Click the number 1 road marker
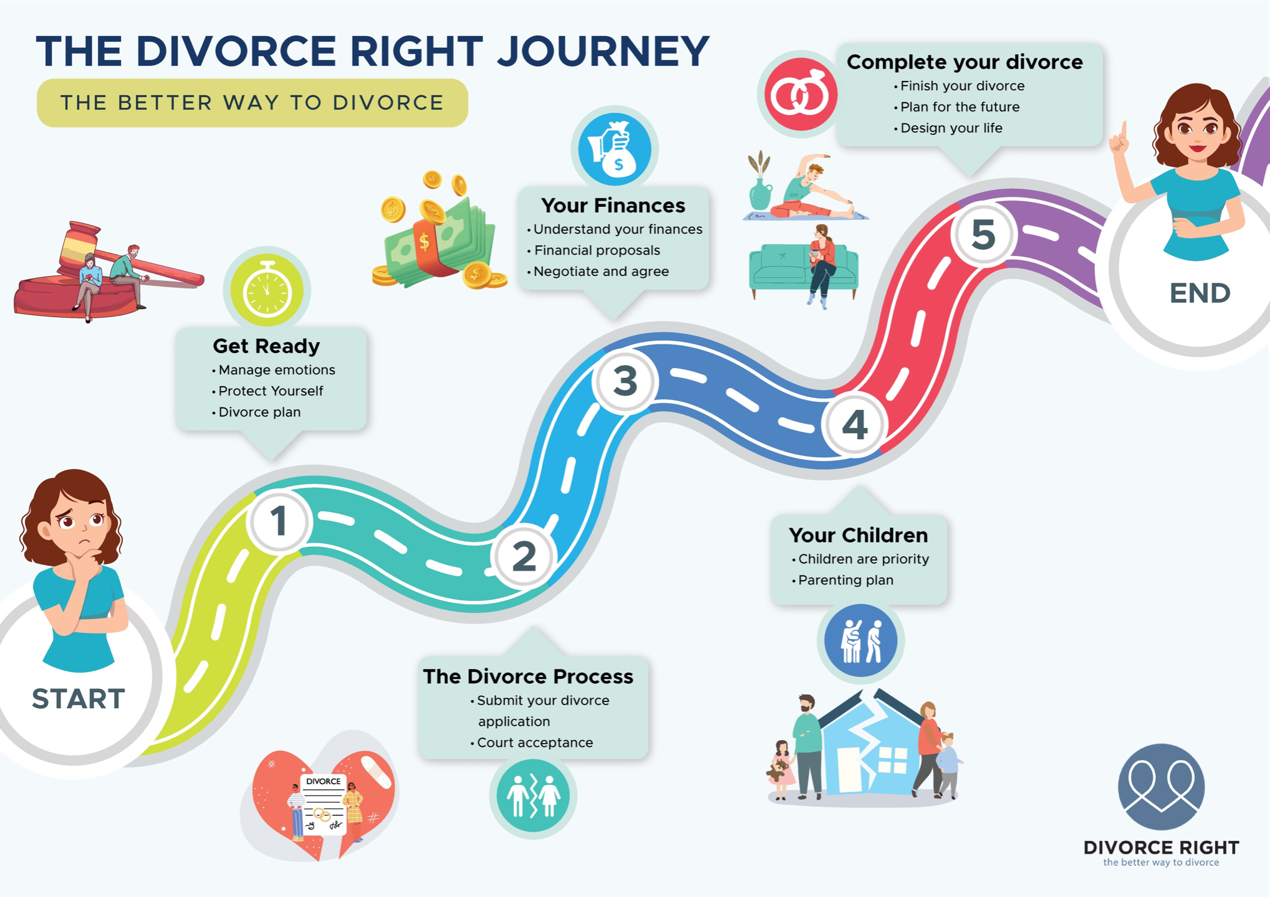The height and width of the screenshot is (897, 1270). coord(279,521)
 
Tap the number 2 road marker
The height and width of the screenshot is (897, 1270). coord(524,556)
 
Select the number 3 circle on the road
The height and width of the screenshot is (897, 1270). coord(625,381)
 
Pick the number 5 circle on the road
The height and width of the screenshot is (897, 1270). coord(984,235)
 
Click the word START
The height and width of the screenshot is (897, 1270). coord(79,699)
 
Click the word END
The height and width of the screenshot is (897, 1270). coord(1200,293)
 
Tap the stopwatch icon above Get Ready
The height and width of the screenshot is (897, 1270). coord(267,290)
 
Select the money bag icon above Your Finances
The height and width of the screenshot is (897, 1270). coord(615,149)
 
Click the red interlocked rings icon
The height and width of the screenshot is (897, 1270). coord(800,95)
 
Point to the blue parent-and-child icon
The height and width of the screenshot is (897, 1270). coord(860,640)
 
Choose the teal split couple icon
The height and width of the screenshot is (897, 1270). coord(533,795)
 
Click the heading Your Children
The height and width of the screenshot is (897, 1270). coord(858,535)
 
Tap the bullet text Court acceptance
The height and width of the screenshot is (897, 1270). coord(535,743)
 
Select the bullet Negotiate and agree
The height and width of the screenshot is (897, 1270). coord(601,272)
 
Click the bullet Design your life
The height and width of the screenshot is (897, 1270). coord(951,128)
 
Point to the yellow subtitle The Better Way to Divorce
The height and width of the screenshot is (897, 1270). coord(252,103)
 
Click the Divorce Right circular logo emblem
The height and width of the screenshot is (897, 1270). coord(1161,786)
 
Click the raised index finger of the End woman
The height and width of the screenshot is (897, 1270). coord(1124,129)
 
